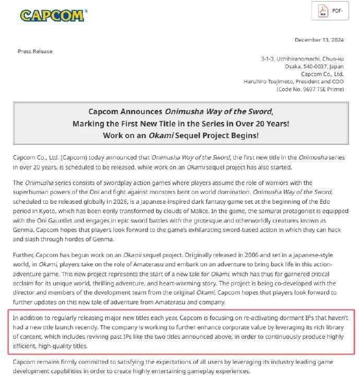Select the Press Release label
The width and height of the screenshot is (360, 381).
coord(35,51)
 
